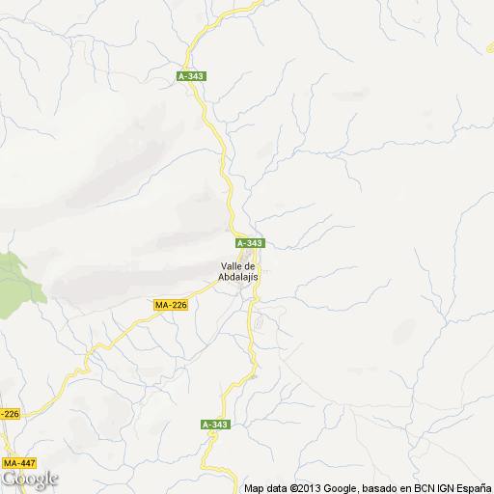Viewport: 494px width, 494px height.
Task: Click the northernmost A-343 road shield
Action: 192,76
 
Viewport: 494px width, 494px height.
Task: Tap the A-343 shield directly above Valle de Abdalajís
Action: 249,243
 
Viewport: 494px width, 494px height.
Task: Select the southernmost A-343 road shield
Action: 215,425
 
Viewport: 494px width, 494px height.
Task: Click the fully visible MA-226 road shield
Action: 170,305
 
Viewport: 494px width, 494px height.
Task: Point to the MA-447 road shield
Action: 19,463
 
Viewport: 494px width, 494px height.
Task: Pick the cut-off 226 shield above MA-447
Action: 9,414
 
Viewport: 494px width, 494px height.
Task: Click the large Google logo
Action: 29,480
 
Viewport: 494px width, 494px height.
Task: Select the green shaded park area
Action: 14,281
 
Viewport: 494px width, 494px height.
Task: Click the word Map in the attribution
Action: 254,488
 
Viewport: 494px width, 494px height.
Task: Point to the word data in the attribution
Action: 279,488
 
